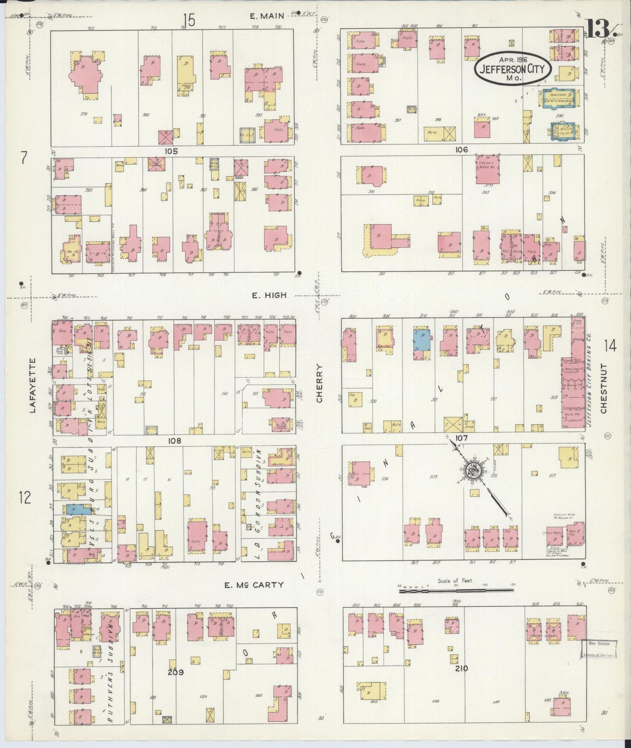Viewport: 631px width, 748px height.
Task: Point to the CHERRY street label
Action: click(x=320, y=384)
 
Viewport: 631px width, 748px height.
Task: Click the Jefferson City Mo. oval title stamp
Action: click(x=513, y=69)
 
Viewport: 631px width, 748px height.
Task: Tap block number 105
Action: click(x=171, y=151)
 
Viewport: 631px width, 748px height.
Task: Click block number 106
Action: click(x=461, y=150)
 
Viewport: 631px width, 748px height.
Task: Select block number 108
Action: click(x=175, y=441)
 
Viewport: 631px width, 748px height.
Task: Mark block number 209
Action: click(x=176, y=673)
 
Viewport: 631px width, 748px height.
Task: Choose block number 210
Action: click(x=462, y=668)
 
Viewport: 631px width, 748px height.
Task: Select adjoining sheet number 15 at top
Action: click(x=189, y=20)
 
